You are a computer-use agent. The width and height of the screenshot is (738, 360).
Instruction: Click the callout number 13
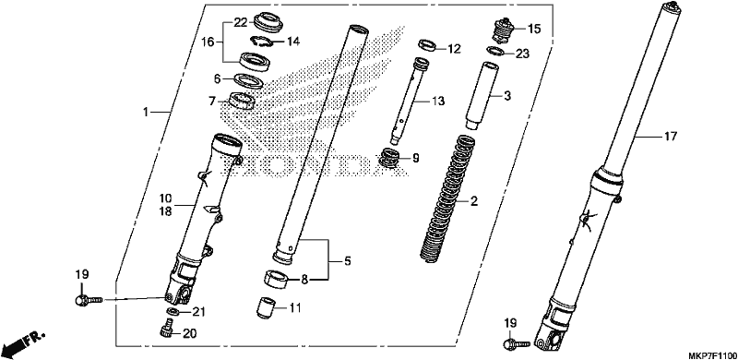coord(437,101)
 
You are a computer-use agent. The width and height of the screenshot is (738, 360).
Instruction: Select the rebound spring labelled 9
coord(390,157)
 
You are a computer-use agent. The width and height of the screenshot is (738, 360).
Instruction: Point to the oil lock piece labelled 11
coord(265,307)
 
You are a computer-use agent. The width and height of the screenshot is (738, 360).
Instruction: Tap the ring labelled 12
coord(426,46)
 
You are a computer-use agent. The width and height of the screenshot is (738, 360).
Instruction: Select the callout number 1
coord(146,112)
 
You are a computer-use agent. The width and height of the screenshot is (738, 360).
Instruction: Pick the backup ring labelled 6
coord(249,81)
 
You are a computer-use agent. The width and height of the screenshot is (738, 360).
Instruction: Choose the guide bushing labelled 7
coord(242,101)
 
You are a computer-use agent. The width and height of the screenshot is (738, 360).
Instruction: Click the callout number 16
coord(208,42)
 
